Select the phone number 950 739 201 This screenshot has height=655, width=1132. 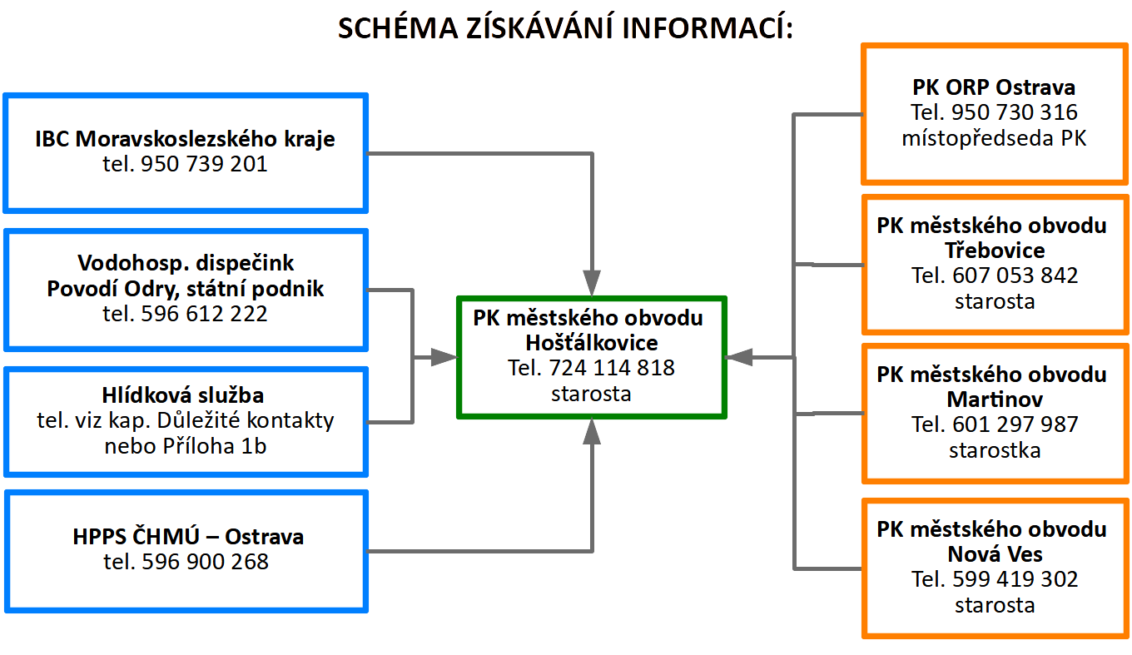(205, 164)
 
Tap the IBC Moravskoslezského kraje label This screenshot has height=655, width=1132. (186, 138)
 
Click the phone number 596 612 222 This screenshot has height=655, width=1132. (205, 314)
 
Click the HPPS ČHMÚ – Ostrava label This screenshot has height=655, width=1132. (188, 537)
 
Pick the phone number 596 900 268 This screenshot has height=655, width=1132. (205, 562)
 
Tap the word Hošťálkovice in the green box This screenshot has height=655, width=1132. (591, 342)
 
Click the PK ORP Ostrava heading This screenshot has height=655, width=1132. (994, 87)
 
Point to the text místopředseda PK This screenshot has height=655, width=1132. (994, 138)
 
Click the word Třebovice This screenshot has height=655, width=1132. (994, 251)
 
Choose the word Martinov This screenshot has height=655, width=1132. (994, 399)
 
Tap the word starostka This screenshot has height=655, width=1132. (994, 450)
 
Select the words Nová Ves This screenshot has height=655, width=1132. (994, 554)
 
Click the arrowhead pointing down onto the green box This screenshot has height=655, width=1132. (592, 284)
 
